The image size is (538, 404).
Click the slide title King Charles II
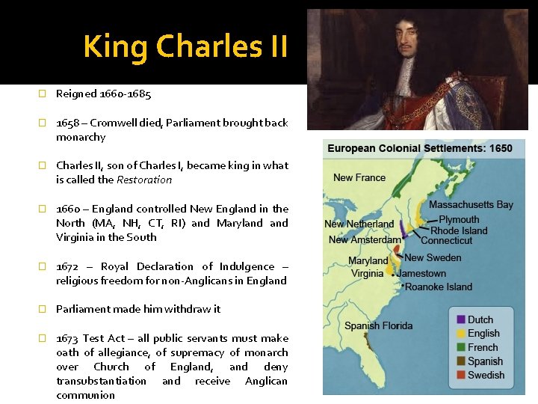pyautogui.click(x=185, y=46)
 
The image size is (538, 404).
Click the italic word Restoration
pyautogui.click(x=144, y=180)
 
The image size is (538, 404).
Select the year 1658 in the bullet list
pyautogui.click(x=68, y=123)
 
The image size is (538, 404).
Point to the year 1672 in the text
pyautogui.click(x=68, y=266)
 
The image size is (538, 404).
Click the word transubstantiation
pyautogui.click(x=101, y=381)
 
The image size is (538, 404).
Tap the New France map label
pyautogui.click(x=359, y=178)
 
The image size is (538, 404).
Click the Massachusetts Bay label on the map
pyautogui.click(x=471, y=204)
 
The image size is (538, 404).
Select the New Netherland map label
pyautogui.click(x=359, y=224)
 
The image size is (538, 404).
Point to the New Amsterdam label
pyautogui.click(x=364, y=239)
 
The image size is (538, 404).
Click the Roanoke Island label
pyautogui.click(x=439, y=287)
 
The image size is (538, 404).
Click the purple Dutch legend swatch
pyautogui.click(x=461, y=320)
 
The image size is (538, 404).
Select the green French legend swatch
pyautogui.click(x=461, y=348)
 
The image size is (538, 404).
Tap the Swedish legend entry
pyautogui.click(x=486, y=375)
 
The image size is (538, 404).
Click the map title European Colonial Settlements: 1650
pyautogui.click(x=420, y=148)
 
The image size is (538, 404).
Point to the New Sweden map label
pyautogui.click(x=433, y=258)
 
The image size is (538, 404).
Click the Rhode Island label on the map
pyautogui.click(x=459, y=230)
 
